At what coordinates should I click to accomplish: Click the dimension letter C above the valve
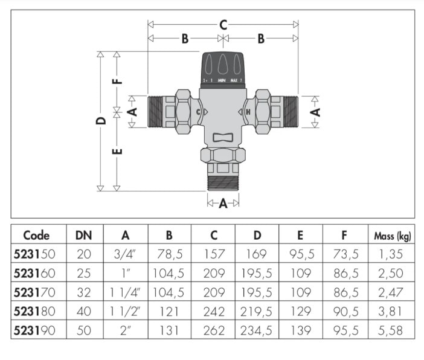[x=223, y=25]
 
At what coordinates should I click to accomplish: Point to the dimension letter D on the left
[x=101, y=120]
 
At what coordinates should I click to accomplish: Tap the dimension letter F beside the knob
[x=118, y=79]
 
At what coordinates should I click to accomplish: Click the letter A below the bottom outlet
[x=223, y=204]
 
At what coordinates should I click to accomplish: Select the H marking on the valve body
[x=248, y=112]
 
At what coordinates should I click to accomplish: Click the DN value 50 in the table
[x=83, y=330]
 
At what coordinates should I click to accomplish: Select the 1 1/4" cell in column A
[x=126, y=292]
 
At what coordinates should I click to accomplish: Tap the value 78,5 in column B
[x=170, y=254]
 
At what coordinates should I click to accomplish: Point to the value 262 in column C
[x=213, y=330]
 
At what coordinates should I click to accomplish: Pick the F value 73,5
[x=344, y=254]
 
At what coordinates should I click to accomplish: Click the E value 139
[x=300, y=330]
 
